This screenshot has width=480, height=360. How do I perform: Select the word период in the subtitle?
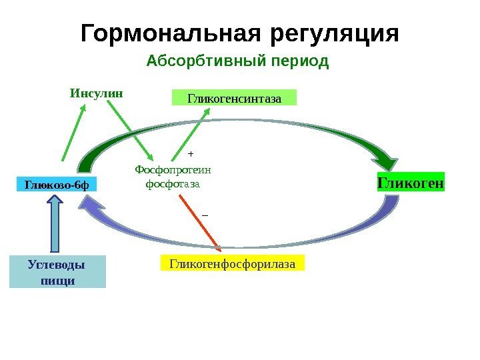[x=298, y=62]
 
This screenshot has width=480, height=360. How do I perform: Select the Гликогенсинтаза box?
[x=233, y=99]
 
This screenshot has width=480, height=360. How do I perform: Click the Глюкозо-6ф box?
[x=56, y=183]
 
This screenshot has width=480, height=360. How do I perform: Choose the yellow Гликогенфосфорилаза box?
[x=232, y=264]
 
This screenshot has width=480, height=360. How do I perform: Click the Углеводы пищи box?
[x=57, y=271]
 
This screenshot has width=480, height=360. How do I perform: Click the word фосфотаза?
[x=172, y=182]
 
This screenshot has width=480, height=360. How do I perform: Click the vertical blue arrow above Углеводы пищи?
[x=55, y=223]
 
